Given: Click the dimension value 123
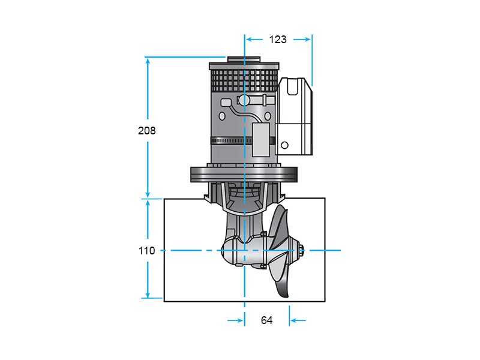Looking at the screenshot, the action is tap(278, 40).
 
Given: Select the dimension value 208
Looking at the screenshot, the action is tap(146, 131).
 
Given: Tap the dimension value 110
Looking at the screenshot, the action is tap(146, 251).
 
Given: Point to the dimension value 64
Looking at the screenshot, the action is tap(266, 320).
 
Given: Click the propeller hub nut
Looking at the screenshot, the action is tap(301, 250).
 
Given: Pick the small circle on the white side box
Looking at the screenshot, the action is tap(284, 145).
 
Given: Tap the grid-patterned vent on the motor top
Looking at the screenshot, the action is tap(244, 80).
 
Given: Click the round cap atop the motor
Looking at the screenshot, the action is tap(244, 59).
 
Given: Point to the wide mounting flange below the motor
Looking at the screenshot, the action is tap(244, 175).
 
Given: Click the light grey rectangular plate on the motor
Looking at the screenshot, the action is tap(261, 139).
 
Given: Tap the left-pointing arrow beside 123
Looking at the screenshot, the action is tap(254, 39).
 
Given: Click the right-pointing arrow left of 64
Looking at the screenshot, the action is tap(235, 320).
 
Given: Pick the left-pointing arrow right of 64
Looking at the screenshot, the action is tap(298, 320).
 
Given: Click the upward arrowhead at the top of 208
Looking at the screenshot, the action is tap(148, 62).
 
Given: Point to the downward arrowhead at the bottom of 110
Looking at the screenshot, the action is tap(148, 294).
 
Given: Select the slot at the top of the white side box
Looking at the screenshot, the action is tap(292, 86).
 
